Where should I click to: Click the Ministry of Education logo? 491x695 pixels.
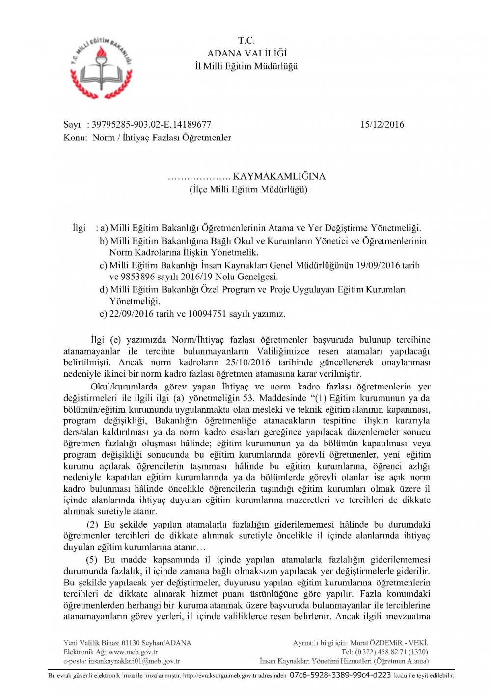(101, 67)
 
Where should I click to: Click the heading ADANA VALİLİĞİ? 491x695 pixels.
(246, 54)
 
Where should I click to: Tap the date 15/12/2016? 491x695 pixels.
(382, 125)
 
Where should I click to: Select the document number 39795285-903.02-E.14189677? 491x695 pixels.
(151, 125)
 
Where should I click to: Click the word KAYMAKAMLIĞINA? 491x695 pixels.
(279, 176)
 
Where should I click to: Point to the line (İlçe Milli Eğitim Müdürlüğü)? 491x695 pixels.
(248, 190)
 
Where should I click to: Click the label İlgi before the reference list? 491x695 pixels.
(79, 228)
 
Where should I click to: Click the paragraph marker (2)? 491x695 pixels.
(92, 525)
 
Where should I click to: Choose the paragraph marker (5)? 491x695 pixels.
(92, 560)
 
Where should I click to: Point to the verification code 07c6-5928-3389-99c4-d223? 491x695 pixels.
(340, 675)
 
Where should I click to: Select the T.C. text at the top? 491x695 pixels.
(246, 41)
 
